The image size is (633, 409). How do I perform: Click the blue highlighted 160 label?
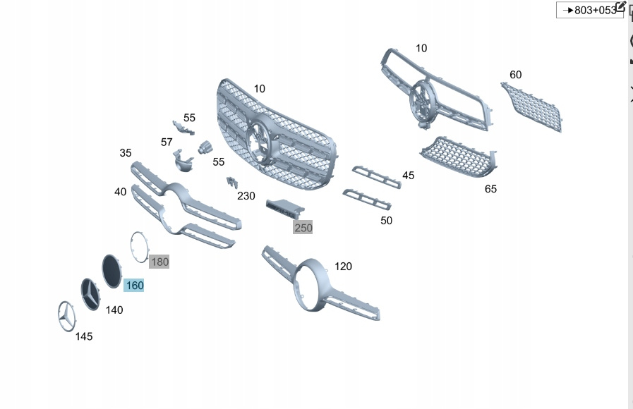pos(134,286)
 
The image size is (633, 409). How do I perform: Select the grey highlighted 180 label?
pos(159,262)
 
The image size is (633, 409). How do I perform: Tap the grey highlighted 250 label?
pos(303,228)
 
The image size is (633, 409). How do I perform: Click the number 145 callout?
pos(84,336)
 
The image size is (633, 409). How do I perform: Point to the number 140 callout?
pos(114,310)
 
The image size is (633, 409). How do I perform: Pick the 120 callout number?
pos(343,267)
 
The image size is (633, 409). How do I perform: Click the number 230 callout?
pos(246,196)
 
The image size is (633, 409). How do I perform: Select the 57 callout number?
pos(167,142)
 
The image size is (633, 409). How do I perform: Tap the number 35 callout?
pos(126,153)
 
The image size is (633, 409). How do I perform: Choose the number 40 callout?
pos(121,191)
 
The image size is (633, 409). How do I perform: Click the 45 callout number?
pos(408,175)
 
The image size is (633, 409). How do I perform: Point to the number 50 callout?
pos(386,221)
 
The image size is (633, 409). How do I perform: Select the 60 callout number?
pos(516,75)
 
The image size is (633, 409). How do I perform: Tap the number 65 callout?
pos(490,189)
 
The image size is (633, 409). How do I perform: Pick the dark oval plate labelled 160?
pos(111,271)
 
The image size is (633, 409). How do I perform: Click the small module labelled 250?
pos(283,207)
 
